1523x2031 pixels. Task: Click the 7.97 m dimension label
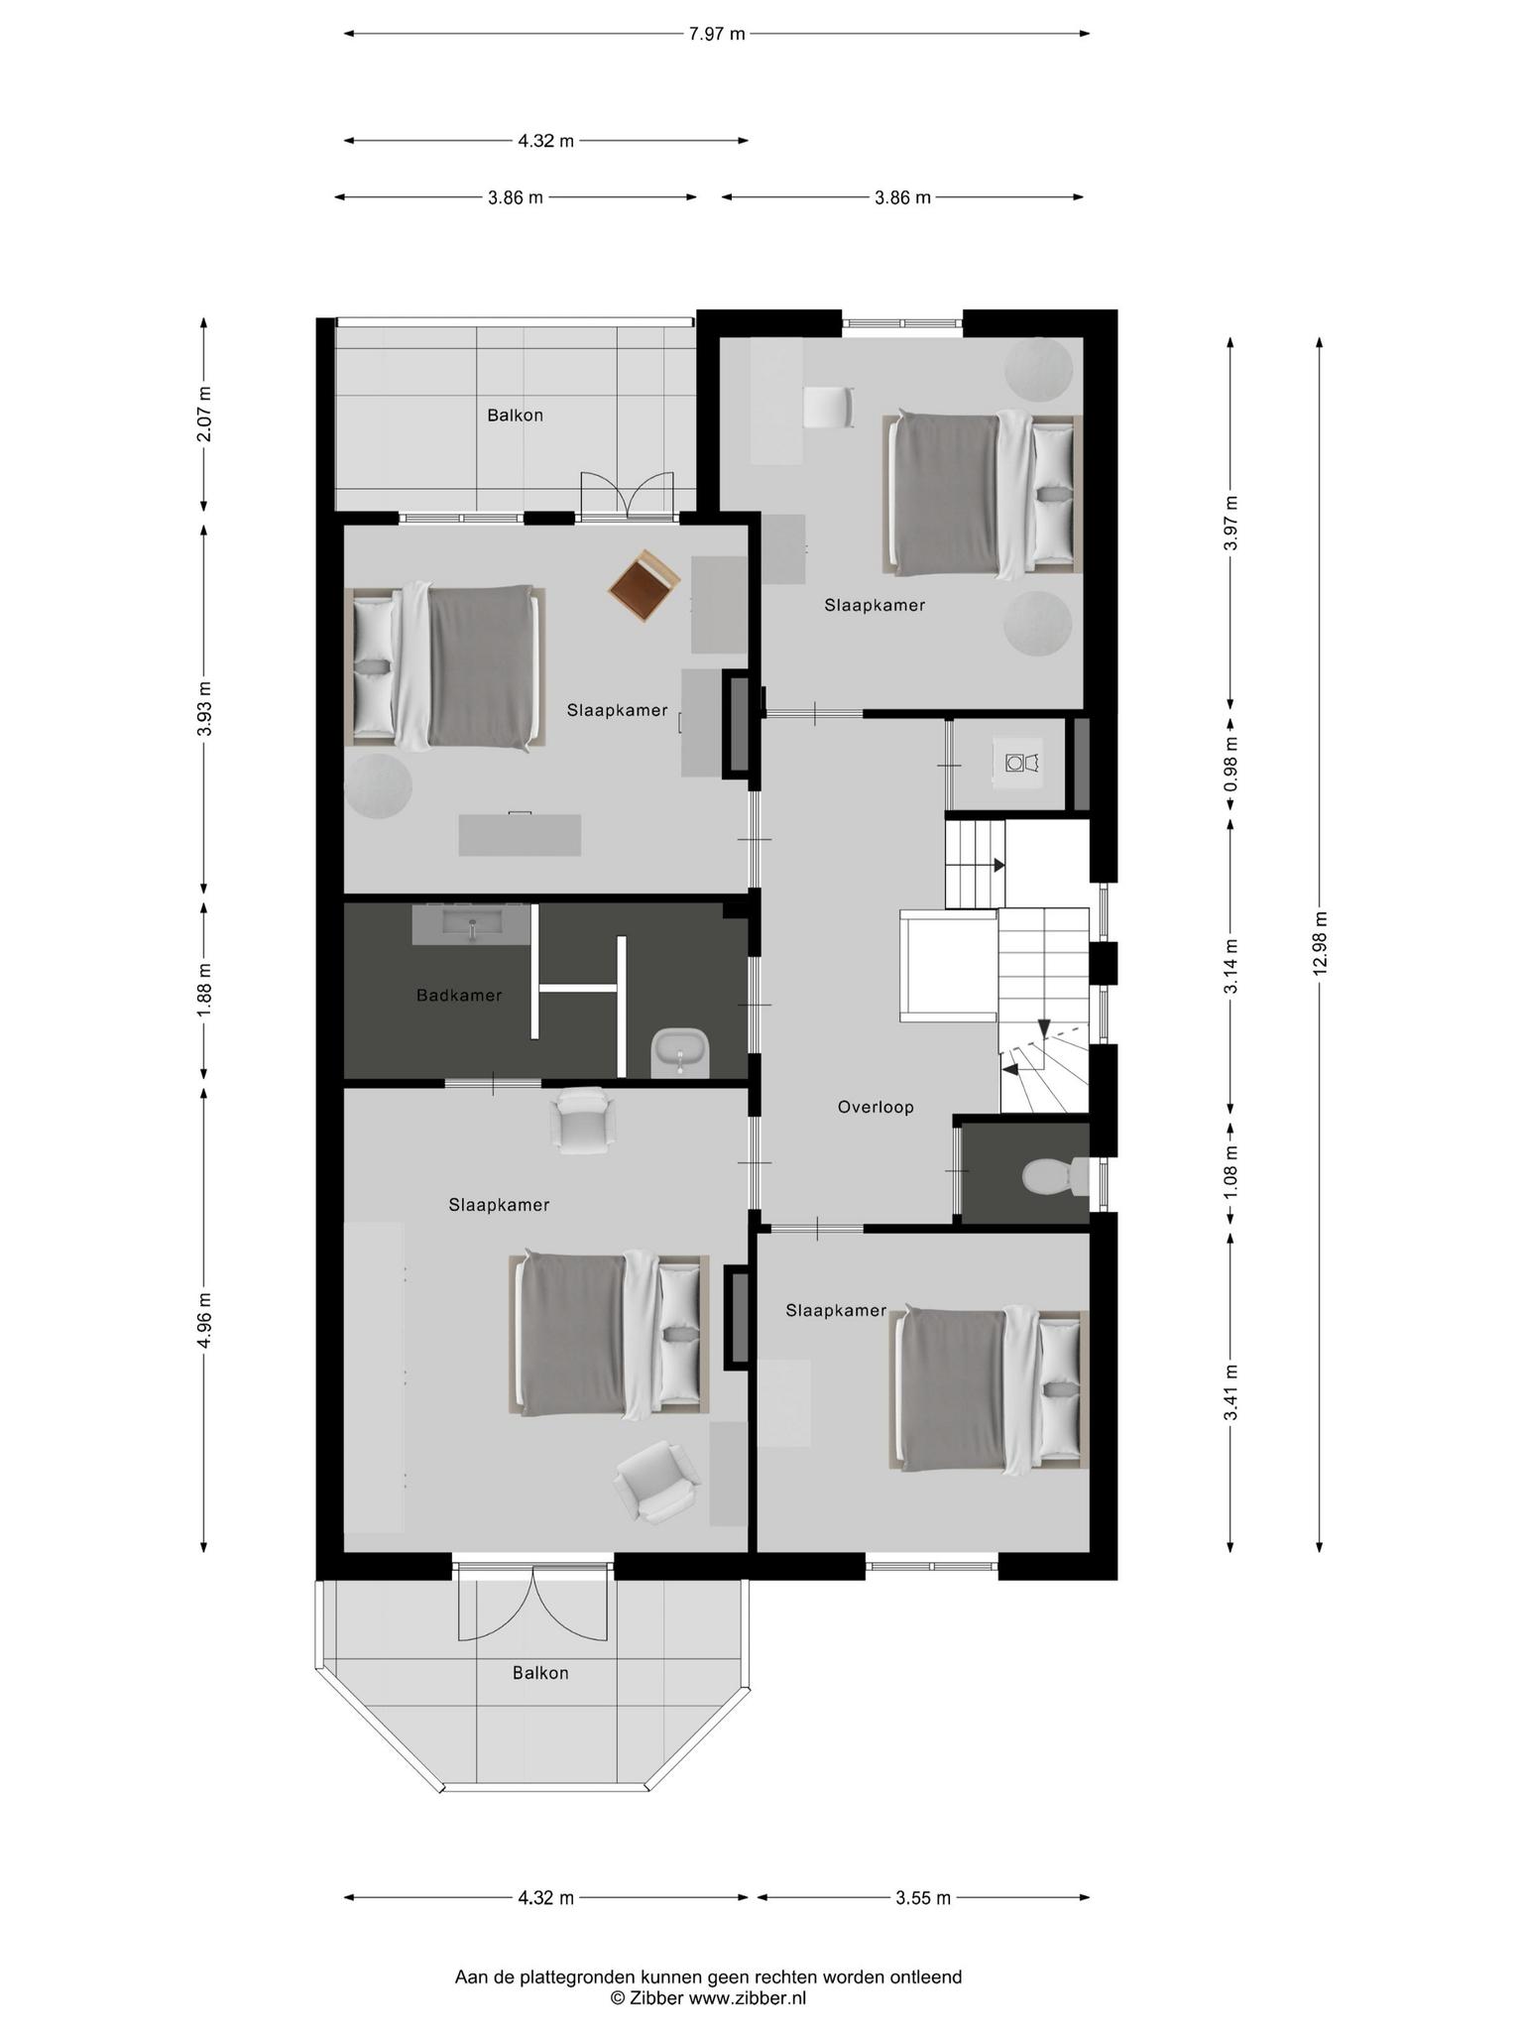click(716, 34)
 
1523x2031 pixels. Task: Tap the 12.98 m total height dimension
click(1319, 942)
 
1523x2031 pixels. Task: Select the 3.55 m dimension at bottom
click(923, 1898)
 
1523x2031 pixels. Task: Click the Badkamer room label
click(459, 995)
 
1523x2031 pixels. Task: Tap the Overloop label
click(876, 1107)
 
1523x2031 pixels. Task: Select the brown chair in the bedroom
click(644, 587)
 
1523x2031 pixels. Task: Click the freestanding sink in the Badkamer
click(680, 1053)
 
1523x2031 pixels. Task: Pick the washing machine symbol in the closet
click(1020, 763)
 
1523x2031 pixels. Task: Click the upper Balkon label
click(515, 416)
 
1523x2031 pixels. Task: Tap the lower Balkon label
click(540, 1673)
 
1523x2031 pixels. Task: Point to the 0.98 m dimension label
click(1230, 764)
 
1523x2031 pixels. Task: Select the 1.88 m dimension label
click(204, 989)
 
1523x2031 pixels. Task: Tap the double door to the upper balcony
click(627, 495)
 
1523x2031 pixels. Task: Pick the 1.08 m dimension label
click(1230, 1171)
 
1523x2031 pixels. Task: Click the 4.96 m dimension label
click(204, 1320)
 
